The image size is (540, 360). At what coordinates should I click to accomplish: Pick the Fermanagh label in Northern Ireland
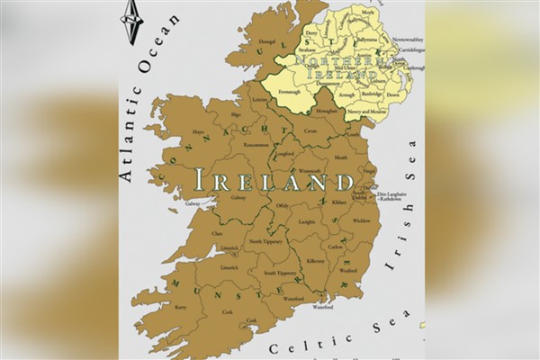290,93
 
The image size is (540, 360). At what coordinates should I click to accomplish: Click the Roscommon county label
256,145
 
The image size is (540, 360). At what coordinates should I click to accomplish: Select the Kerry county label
180,307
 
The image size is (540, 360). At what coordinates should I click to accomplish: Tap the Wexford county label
348,270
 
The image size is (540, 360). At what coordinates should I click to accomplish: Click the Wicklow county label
361,220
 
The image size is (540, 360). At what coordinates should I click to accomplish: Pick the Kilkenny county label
316,261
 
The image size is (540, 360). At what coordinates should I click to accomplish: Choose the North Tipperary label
265,241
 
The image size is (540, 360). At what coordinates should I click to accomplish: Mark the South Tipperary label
282,271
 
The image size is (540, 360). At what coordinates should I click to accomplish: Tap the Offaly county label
282,206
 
